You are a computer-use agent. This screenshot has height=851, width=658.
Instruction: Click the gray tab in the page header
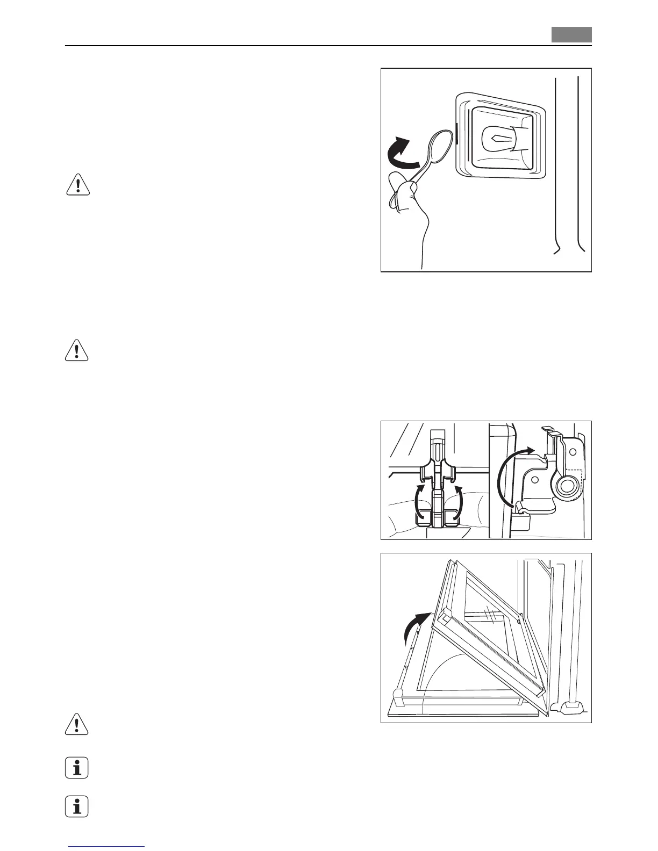coord(571,35)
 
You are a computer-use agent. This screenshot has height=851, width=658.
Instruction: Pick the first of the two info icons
coord(77,768)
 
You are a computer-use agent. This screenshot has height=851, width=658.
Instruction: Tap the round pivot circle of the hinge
coord(567,487)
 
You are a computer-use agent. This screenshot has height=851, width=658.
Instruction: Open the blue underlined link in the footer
coord(108,847)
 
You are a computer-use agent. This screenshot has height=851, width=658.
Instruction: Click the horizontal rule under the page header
coord(328,46)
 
